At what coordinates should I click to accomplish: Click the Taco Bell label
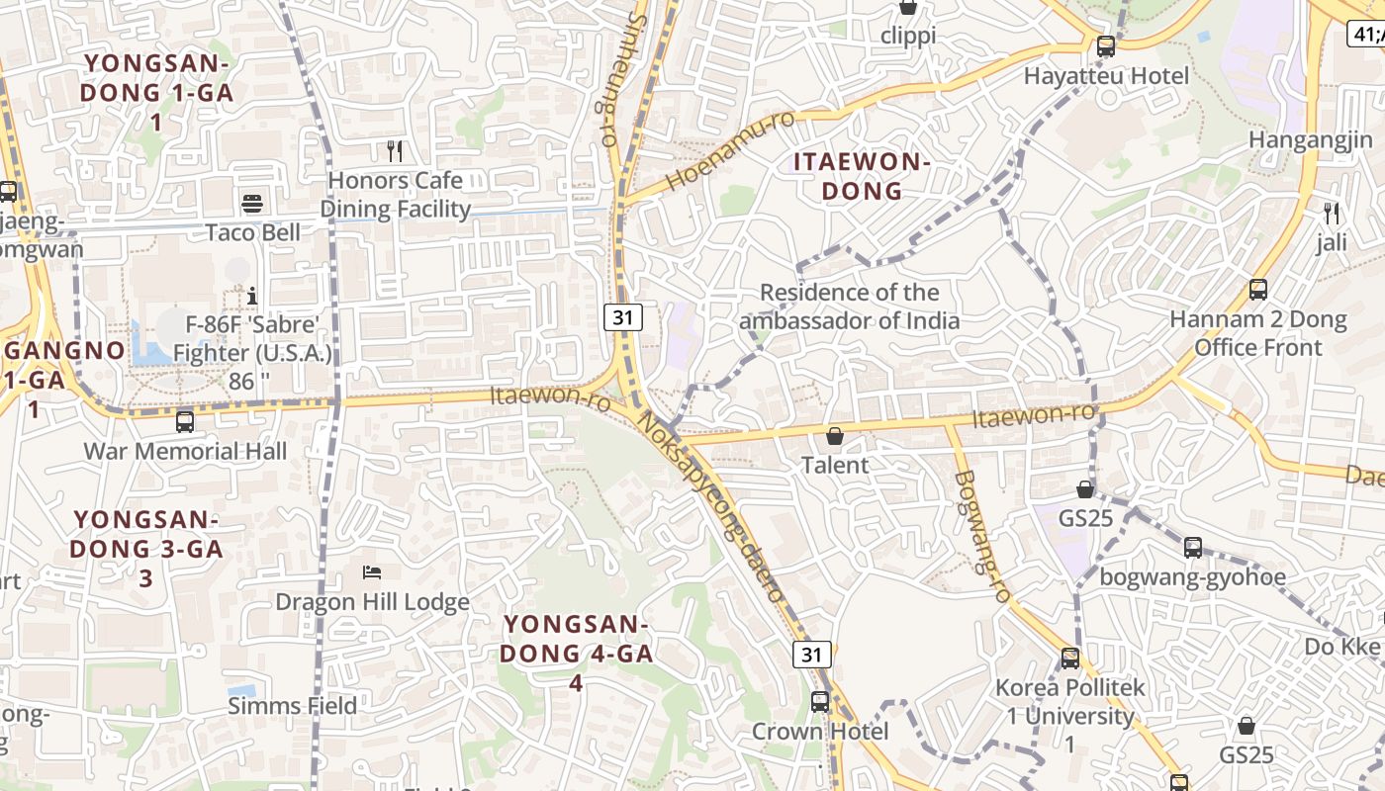tap(253, 232)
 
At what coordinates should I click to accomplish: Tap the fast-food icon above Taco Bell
tap(252, 204)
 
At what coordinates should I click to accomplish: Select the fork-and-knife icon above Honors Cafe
tap(395, 151)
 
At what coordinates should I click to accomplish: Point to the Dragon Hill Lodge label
tap(372, 602)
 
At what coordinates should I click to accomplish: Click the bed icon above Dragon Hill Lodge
tap(372, 572)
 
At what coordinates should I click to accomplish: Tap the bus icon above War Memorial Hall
tap(185, 421)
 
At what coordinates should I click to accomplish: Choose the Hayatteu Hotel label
tap(1106, 76)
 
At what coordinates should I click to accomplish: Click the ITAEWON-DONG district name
tap(862, 176)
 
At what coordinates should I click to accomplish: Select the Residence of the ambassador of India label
tap(849, 307)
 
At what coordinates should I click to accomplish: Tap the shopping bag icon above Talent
tap(835, 436)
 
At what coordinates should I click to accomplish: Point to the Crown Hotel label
tap(820, 732)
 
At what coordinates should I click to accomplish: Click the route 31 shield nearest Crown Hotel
tap(811, 655)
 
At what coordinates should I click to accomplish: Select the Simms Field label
tap(293, 706)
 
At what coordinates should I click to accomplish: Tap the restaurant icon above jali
tap(1332, 213)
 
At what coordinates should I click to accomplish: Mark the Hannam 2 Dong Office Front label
tap(1257, 333)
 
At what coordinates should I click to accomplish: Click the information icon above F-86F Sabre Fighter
tap(252, 296)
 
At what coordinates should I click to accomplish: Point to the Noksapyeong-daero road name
tap(711, 504)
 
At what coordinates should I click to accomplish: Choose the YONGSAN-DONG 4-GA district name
tap(576, 653)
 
